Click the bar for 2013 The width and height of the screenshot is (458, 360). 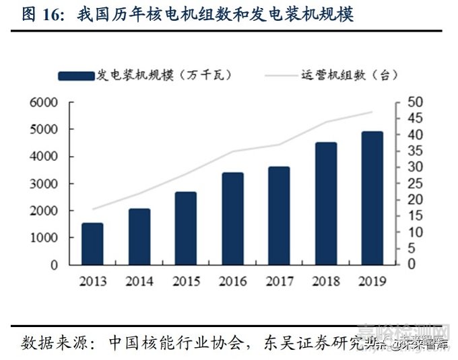tap(92, 244)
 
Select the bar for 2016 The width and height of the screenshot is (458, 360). tap(232, 219)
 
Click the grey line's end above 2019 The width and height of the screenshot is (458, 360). tap(371, 112)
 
